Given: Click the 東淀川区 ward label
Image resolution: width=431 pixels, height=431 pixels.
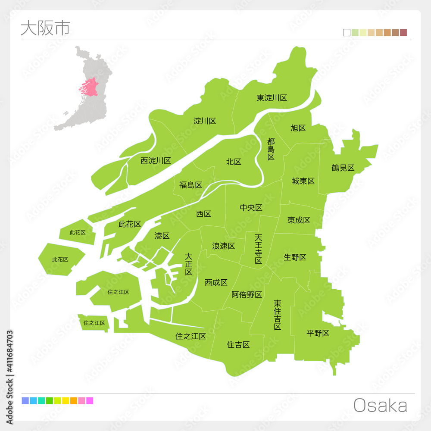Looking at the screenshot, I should point(272,98).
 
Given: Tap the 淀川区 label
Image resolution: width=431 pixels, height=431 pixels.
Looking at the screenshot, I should point(205,121).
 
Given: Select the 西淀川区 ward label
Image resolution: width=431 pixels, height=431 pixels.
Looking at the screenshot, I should point(156,161).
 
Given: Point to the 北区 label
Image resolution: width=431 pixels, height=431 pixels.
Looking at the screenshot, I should point(234,162).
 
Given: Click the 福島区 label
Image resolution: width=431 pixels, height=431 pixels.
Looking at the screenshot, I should point(191,185).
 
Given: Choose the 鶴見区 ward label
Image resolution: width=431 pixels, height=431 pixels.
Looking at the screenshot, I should point(343,168).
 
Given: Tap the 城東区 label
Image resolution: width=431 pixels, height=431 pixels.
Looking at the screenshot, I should point(303,181).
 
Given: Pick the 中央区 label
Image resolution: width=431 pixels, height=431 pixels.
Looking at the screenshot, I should point(251,208).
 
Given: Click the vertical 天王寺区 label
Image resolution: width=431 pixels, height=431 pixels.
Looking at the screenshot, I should point(258,249).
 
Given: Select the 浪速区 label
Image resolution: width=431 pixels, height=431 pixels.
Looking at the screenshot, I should point(223,246).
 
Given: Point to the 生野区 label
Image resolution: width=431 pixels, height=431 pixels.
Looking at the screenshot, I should point(295,257).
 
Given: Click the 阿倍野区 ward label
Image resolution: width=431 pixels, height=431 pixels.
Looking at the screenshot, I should point(247,295).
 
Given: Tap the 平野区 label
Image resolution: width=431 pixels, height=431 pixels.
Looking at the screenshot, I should point(318,333).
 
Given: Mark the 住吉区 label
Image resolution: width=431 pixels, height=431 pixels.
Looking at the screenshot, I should point(238,344).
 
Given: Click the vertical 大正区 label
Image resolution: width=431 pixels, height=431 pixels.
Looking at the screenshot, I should point(188,264).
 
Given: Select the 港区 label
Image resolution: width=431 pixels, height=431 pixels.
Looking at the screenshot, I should point(162,236).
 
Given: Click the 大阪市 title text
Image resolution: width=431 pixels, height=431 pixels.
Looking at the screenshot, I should point(45,28).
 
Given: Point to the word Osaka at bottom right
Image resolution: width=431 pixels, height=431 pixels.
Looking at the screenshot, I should point(380,406).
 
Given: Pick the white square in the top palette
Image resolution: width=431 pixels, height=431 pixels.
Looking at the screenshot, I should point(347,32).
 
